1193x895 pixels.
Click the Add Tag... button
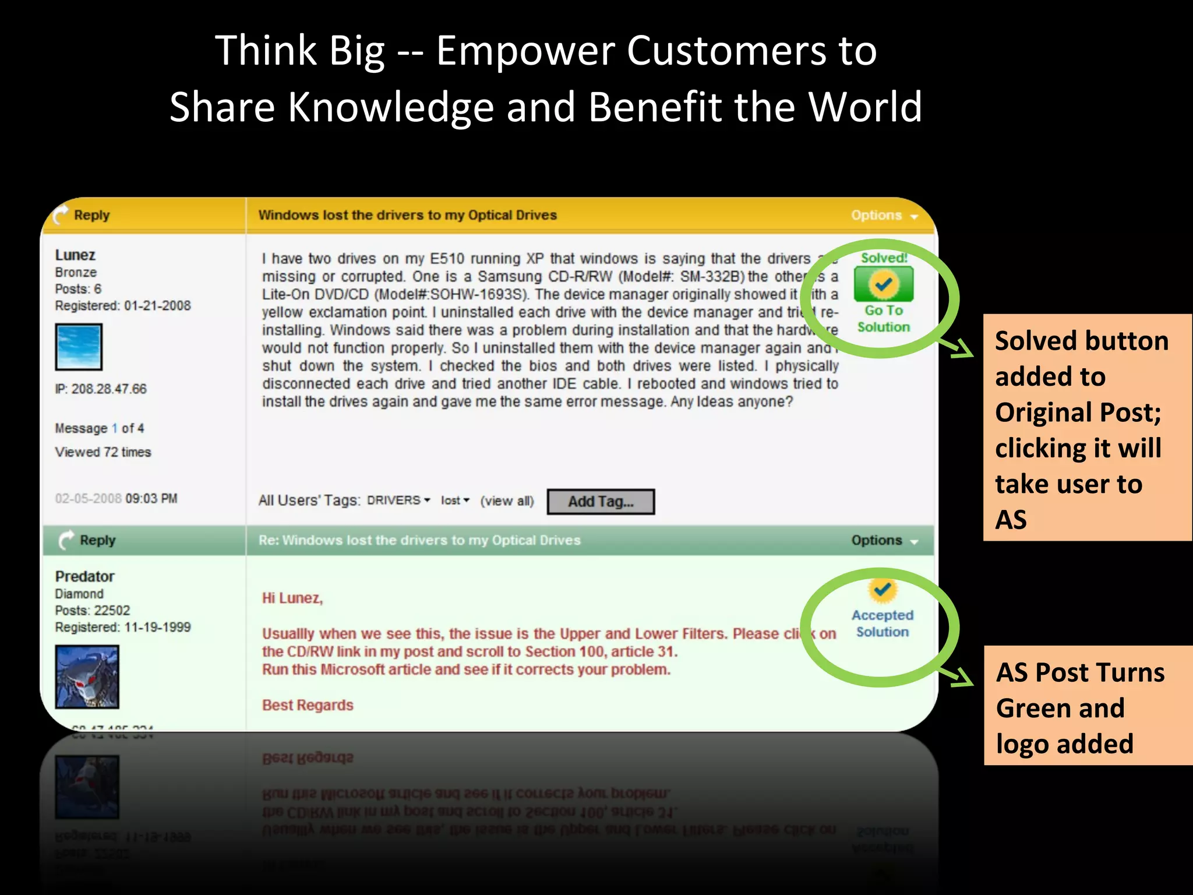point(601,502)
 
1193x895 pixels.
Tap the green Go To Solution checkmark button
point(883,284)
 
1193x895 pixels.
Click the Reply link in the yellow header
point(91,215)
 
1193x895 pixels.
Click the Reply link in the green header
point(97,540)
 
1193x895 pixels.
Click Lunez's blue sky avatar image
point(79,347)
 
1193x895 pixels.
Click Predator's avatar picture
point(87,676)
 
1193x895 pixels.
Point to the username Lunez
point(75,255)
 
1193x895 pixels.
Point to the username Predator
point(84,576)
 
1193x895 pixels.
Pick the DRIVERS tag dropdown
point(398,501)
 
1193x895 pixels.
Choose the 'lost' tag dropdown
point(454,501)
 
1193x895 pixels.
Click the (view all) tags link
point(507,501)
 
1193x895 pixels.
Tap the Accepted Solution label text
point(883,623)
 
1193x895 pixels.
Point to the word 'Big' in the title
point(357,51)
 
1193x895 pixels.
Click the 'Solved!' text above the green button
point(884,258)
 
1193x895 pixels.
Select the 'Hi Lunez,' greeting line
point(292,598)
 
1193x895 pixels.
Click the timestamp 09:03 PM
point(151,499)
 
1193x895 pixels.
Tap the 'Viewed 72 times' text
point(103,452)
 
